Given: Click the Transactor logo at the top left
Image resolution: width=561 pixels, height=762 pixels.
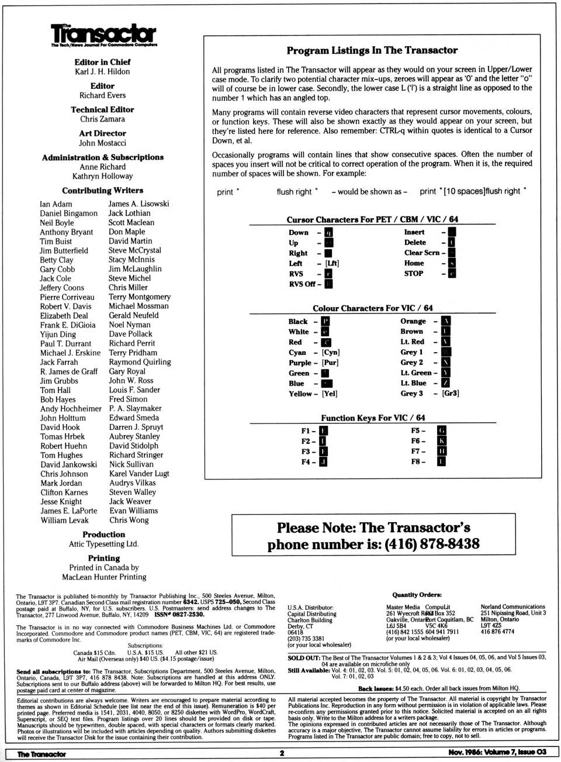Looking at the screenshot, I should click(x=103, y=35).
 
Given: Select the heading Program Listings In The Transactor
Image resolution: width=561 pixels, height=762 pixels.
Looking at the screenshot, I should click(x=372, y=51).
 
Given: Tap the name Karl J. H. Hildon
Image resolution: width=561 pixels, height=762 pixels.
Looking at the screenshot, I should click(x=102, y=72).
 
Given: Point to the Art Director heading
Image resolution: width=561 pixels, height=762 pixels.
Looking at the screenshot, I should click(x=102, y=133).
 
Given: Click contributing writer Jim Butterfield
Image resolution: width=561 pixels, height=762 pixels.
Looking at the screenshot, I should click(x=64, y=250).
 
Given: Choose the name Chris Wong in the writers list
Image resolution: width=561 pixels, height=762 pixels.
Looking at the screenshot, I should click(x=129, y=520).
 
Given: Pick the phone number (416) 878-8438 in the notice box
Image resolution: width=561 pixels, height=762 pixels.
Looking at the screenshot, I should click(x=432, y=544).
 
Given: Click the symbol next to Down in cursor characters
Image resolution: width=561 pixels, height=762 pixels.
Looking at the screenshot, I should click(x=328, y=233).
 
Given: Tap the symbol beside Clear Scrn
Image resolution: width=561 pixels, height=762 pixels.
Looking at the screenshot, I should click(x=452, y=253).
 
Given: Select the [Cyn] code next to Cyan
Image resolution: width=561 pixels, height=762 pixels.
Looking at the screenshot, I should click(x=331, y=353).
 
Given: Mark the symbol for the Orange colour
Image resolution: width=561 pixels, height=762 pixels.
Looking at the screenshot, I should click(x=446, y=321).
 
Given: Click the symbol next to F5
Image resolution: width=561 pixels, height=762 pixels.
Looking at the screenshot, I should click(x=442, y=431).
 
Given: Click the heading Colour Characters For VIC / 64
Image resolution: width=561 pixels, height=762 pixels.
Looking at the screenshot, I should click(x=373, y=308).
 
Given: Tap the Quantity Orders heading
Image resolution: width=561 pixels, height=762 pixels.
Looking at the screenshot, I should click(x=417, y=595).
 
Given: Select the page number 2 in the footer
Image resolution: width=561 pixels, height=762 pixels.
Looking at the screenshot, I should click(x=282, y=753).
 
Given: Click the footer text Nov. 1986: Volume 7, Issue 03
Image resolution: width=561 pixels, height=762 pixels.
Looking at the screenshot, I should click(x=497, y=753).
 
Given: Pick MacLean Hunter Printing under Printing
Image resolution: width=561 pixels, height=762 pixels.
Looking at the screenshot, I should click(x=104, y=577).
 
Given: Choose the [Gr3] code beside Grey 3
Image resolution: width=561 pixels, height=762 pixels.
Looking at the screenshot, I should click(x=451, y=394).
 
